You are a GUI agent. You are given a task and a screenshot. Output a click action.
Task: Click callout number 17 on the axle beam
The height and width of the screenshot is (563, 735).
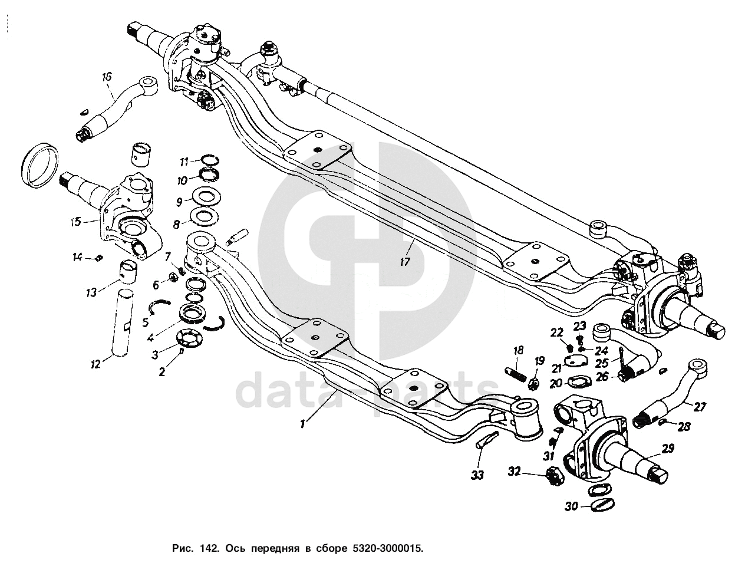[404, 262]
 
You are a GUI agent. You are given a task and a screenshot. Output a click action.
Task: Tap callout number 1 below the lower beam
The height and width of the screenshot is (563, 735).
[302, 423]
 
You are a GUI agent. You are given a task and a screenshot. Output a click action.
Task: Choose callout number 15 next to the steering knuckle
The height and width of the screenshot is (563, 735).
[76, 222]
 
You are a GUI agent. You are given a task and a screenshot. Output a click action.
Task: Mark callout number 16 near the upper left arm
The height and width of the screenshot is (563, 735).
[107, 76]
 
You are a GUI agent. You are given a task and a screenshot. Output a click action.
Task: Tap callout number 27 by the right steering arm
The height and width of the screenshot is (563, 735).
[700, 406]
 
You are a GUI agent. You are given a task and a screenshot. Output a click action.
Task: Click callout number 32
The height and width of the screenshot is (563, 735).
[515, 472]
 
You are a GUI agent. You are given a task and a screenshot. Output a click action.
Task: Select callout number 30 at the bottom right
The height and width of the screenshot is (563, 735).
[571, 505]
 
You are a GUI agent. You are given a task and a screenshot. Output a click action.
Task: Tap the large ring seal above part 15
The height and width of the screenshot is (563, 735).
[39, 164]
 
